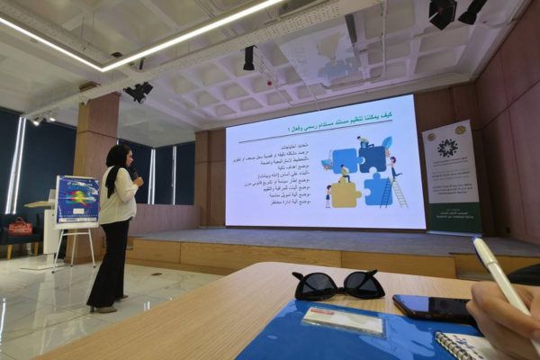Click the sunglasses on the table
coord(338,284)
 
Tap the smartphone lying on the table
coord(435,308)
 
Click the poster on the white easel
coord(77,201)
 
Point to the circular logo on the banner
coord(447,148)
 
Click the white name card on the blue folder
coord(342,319)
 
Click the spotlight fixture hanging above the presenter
coord(139,91)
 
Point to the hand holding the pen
coord(504,319)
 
